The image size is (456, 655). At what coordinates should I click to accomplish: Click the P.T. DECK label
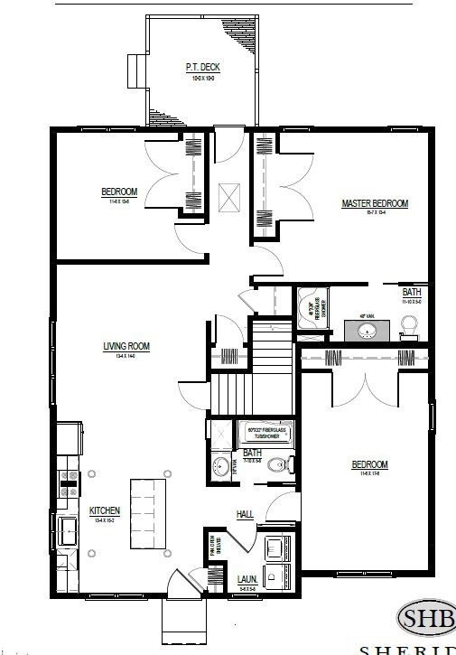pyautogui.click(x=203, y=68)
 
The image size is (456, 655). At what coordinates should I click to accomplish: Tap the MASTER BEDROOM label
pyautogui.click(x=375, y=204)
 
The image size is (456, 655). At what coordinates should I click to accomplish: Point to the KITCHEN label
pyautogui.click(x=105, y=511)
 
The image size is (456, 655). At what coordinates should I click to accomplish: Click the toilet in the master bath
pyautogui.click(x=409, y=326)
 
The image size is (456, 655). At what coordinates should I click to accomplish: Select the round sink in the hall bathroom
pyautogui.click(x=220, y=467)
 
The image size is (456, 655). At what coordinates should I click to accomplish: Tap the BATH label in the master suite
pyautogui.click(x=412, y=293)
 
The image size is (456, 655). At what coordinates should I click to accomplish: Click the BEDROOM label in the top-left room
pyautogui.click(x=119, y=192)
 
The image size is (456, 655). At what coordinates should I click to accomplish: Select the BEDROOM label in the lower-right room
pyautogui.click(x=369, y=466)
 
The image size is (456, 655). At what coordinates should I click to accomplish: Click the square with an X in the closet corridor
pyautogui.click(x=229, y=193)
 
